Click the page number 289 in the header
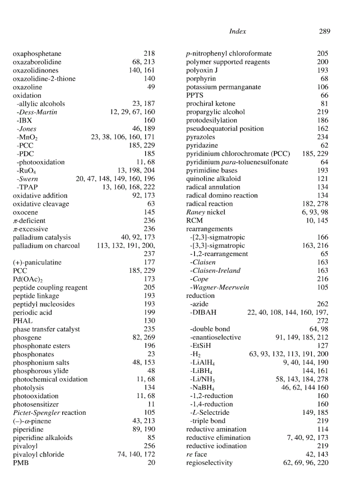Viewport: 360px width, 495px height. (324, 31)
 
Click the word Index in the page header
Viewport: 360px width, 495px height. (238, 31)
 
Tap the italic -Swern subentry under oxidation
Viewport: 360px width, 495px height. (27, 179)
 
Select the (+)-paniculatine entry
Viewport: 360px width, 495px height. (37, 262)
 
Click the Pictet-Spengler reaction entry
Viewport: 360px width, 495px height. (49, 413)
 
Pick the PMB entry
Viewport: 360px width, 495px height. (21, 463)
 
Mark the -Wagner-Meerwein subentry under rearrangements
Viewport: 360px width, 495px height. (219, 287)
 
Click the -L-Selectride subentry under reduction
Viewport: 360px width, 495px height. (211, 413)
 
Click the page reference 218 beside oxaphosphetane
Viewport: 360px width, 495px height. (149, 54)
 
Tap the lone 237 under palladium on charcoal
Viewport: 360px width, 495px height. (149, 254)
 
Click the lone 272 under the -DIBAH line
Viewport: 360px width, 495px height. (323, 321)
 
